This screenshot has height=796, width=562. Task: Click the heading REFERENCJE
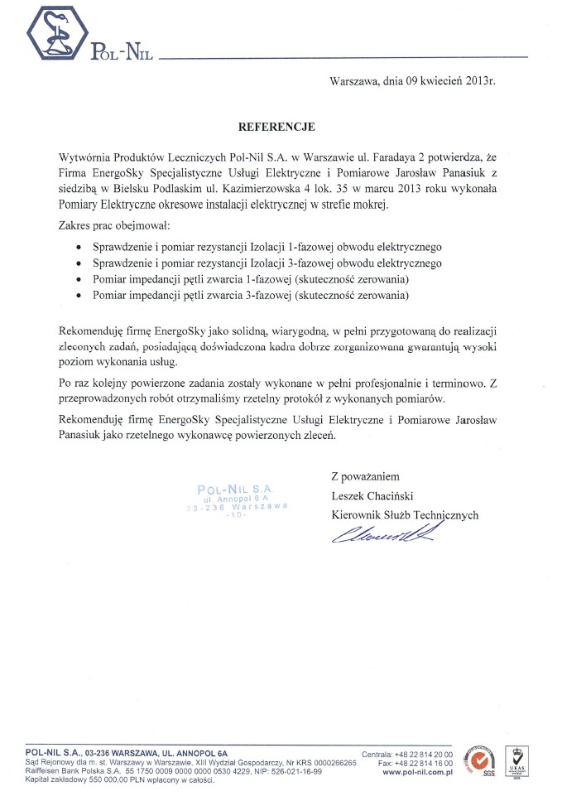(x=276, y=128)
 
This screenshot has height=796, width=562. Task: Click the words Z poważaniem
(x=364, y=476)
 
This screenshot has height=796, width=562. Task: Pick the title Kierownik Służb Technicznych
(x=404, y=514)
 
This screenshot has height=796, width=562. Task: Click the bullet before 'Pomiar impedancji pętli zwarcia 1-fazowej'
(x=78, y=279)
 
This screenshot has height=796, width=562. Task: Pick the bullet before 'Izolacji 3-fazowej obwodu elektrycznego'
(x=78, y=263)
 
